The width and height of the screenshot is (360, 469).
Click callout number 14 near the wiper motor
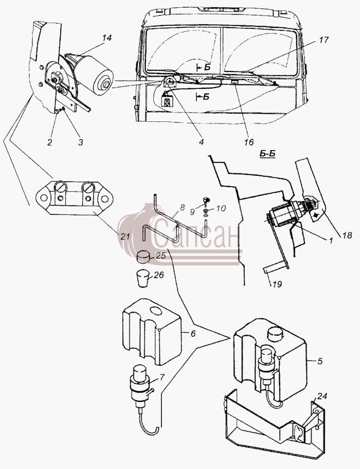(107, 38)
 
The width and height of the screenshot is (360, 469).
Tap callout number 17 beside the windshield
(323, 40)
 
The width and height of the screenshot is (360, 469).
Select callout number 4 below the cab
(201, 141)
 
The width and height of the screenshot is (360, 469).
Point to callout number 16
(248, 142)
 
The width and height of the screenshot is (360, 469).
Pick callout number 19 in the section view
(277, 283)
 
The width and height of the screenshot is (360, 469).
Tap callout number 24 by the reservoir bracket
(322, 396)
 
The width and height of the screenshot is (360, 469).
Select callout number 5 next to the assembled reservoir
(320, 362)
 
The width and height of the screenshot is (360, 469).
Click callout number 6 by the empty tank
(193, 333)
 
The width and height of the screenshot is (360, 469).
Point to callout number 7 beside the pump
(162, 377)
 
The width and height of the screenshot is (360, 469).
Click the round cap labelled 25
(143, 257)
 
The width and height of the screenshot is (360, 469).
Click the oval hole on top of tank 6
(155, 311)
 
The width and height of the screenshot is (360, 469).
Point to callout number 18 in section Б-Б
(347, 235)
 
